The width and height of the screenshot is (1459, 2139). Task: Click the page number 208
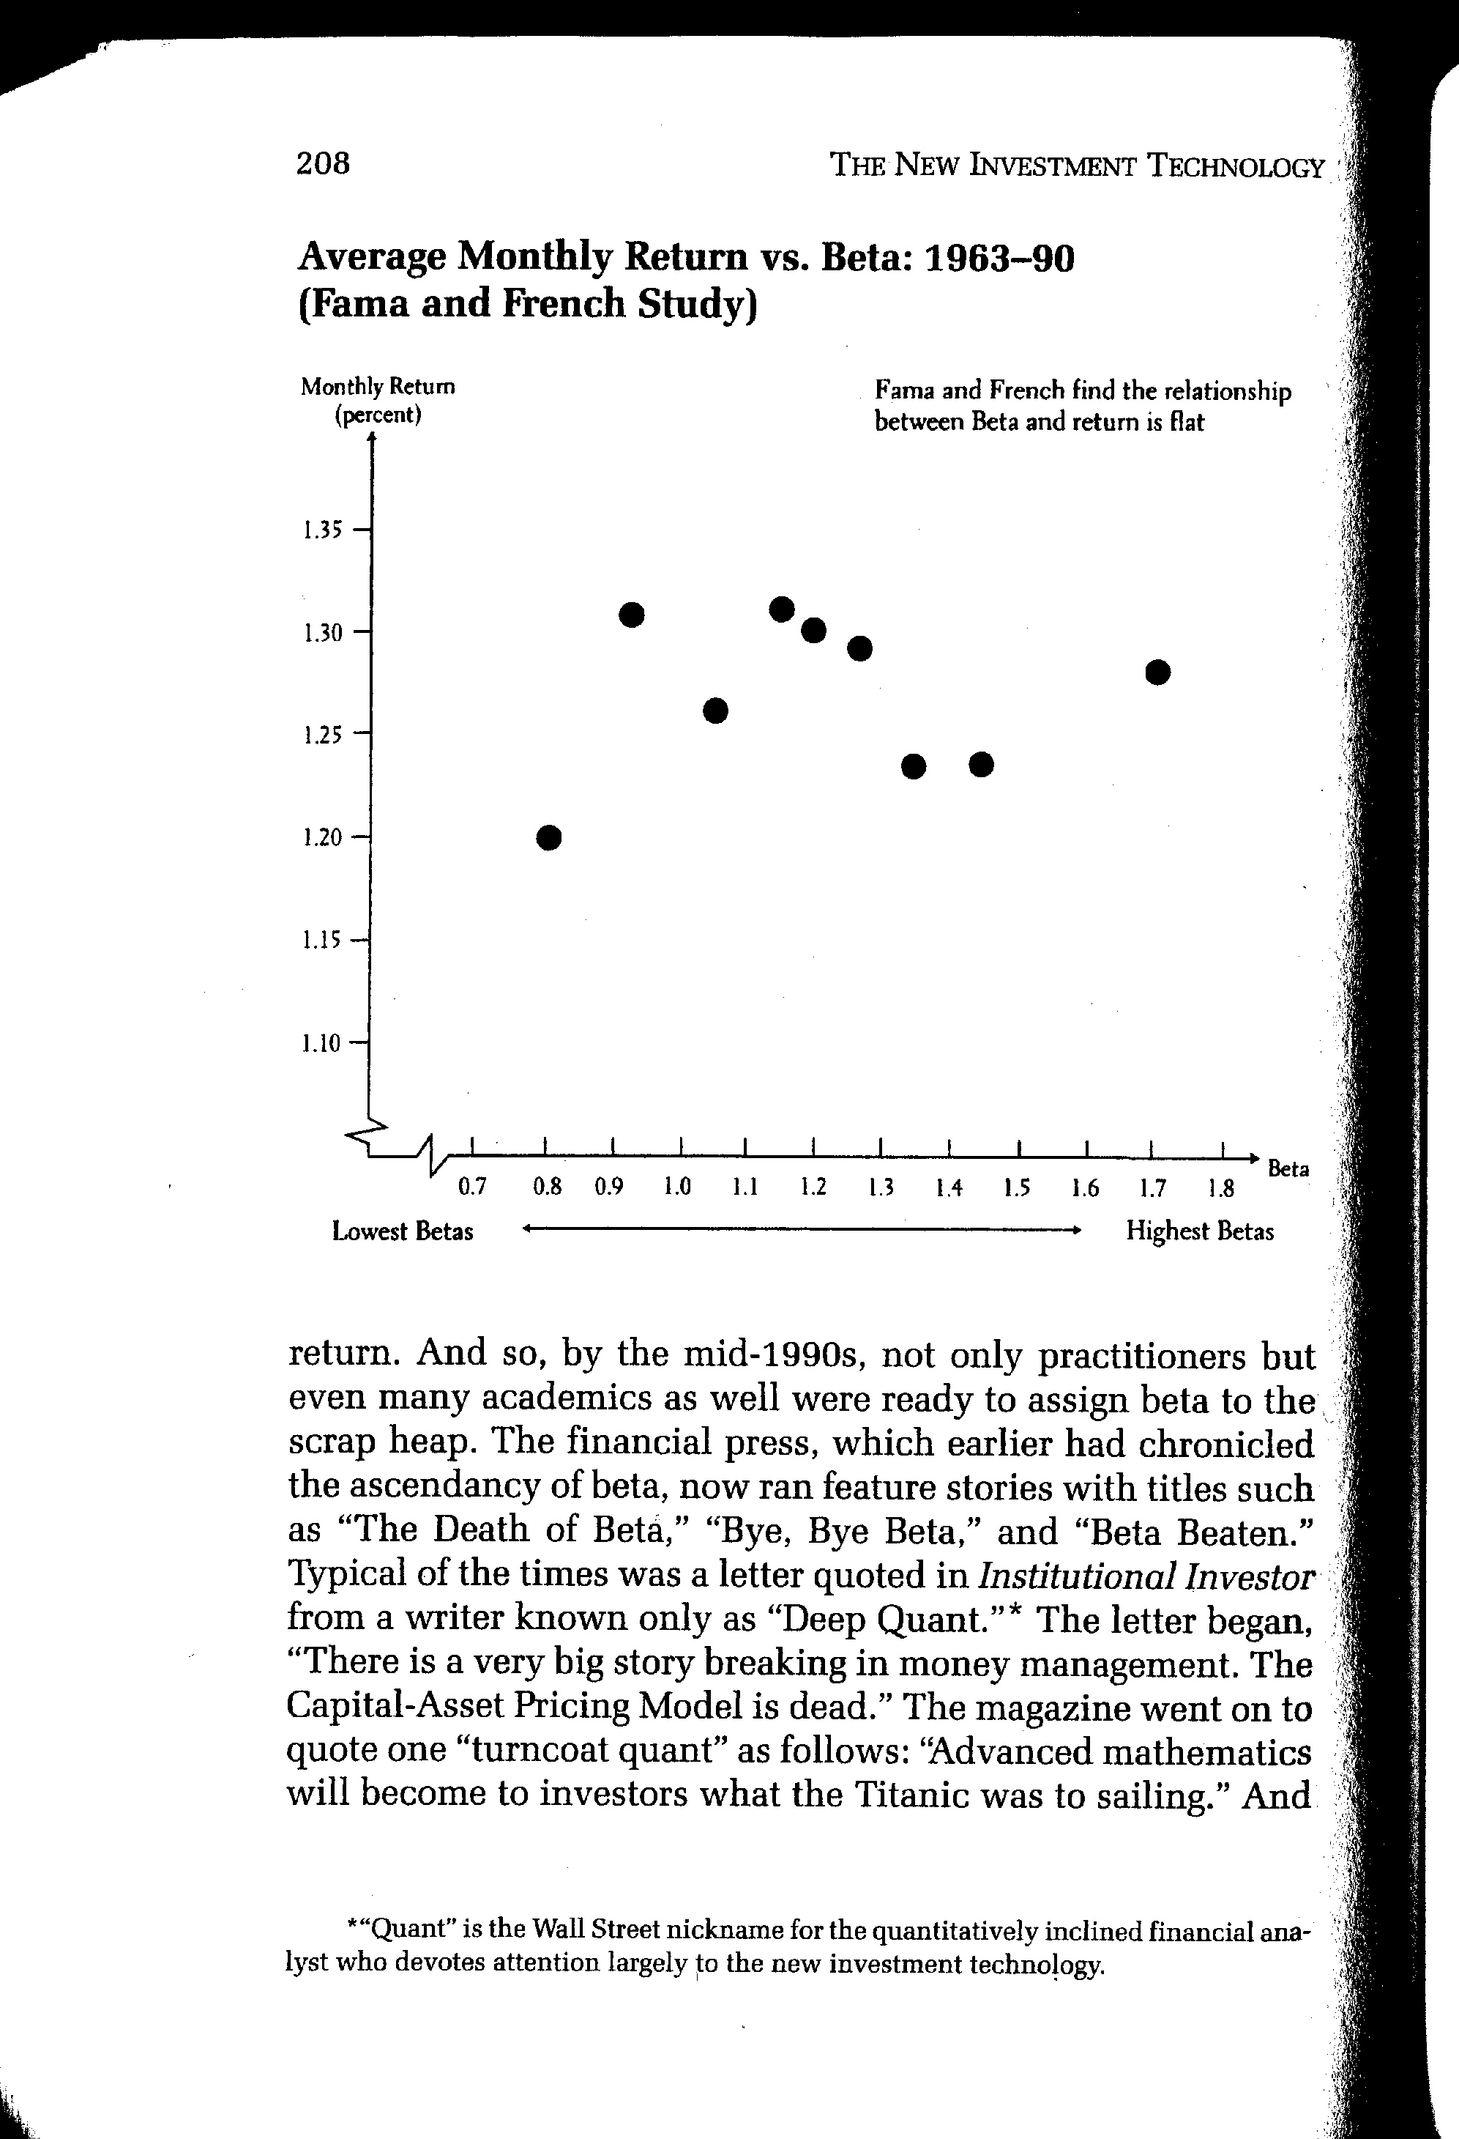tap(323, 164)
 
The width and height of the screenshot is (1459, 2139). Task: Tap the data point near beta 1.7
tap(1158, 672)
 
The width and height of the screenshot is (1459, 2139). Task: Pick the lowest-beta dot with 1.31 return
tap(632, 613)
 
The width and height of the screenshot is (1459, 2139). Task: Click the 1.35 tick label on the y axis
tap(321, 530)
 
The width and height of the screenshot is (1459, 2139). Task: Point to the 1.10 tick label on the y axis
tap(321, 1043)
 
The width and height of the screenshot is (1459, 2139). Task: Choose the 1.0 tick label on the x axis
tap(677, 1187)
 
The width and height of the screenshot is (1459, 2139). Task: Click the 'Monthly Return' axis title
tap(378, 387)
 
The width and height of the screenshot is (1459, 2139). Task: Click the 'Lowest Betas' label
tap(403, 1231)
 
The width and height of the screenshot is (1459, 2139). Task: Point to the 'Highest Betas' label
tap(1200, 1231)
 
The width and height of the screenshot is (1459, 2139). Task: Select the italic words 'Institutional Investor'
tap(1145, 1576)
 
